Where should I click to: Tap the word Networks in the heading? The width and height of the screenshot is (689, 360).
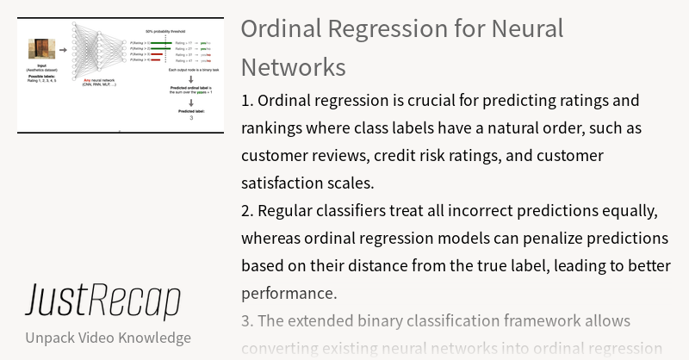click(293, 67)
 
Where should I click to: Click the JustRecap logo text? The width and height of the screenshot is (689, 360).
click(102, 301)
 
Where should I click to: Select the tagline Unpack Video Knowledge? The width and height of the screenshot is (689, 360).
click(108, 338)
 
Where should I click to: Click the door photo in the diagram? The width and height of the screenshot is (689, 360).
click(41, 49)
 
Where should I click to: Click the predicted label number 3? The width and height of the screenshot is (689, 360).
click(189, 117)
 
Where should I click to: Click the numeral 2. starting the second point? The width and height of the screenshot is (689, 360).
click(248, 211)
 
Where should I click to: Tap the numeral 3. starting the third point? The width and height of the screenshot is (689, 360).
click(248, 320)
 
